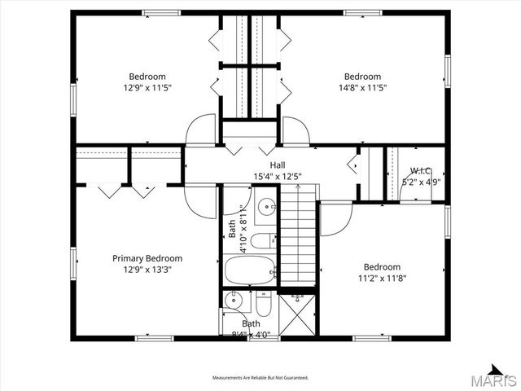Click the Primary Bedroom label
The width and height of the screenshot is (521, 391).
tap(147, 258)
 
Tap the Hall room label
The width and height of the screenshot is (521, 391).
tap(255, 165)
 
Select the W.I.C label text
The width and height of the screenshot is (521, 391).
tap(420, 171)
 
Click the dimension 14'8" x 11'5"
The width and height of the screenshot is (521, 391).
tap(362, 87)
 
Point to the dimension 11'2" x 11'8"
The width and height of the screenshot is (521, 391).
tap(382, 278)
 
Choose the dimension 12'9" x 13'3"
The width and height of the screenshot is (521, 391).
tap(147, 269)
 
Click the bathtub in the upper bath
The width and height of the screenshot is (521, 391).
tap(250, 270)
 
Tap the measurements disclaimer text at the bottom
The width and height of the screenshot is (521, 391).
tap(260, 378)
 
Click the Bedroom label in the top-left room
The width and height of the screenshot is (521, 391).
tap(147, 77)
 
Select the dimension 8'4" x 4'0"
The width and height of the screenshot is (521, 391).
tap(251, 334)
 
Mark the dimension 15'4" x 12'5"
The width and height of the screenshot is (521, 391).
tap(255, 176)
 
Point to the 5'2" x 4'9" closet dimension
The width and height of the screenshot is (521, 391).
tap(420, 182)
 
